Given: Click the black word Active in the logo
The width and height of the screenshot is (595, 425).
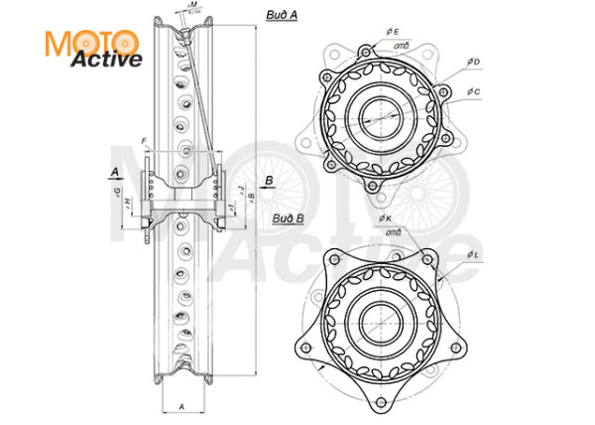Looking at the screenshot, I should [x=105, y=59].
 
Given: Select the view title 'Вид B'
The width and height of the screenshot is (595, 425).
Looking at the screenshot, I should [x=289, y=218].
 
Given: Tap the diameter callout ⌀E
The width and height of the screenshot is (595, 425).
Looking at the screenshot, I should [x=394, y=32].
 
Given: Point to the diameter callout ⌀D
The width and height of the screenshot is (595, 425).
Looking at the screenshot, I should [x=475, y=62].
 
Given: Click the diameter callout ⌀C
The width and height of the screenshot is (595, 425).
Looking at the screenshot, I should [x=475, y=91].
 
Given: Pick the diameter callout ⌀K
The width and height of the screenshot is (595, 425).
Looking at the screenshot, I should [x=384, y=216].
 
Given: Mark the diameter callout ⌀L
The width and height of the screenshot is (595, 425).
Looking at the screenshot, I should [x=475, y=255].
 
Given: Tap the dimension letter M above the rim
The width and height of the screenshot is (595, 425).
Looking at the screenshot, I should [x=194, y=6].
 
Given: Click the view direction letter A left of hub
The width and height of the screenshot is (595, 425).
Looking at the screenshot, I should [x=116, y=172].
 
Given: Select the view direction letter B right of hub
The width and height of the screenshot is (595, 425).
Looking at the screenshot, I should [x=268, y=180].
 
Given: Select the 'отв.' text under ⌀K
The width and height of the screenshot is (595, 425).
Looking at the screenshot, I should [x=395, y=230].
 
